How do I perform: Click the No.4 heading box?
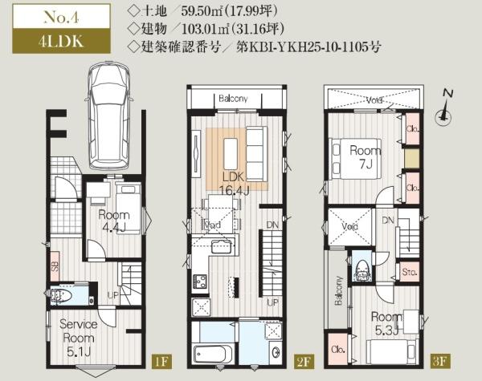pyautogui.click(x=62, y=17)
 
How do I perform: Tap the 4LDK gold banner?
pyautogui.click(x=62, y=41)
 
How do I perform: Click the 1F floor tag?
pyautogui.click(x=161, y=362)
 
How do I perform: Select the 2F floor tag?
pyautogui.click(x=303, y=362)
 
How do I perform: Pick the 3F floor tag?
pyautogui.click(x=439, y=361)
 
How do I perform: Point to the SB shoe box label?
pyautogui.click(x=55, y=266)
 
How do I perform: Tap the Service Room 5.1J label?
pyautogui.click(x=79, y=338)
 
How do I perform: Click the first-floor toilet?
pyautogui.click(x=60, y=296)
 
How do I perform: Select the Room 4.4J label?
pyautogui.click(x=114, y=221)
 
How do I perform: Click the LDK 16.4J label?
pyautogui.click(x=235, y=184)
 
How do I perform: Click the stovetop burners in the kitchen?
pyautogui.click(x=200, y=282)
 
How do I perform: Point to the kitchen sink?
pyautogui.click(x=221, y=246)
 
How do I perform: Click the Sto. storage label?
pyautogui.click(x=409, y=272)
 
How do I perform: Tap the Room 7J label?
pyautogui.click(x=366, y=157)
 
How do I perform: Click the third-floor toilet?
pyautogui.click(x=362, y=270)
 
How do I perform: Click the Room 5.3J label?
pyautogui.click(x=386, y=323)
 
